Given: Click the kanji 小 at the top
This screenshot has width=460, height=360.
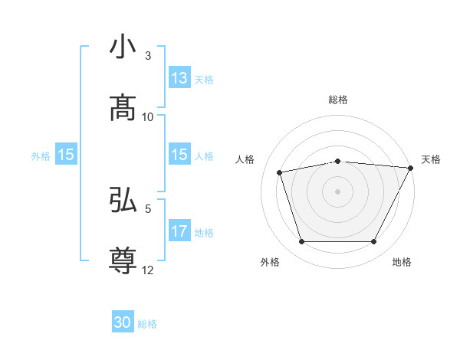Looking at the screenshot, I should coord(123,48).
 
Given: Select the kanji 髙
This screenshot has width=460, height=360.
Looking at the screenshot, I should coord(123,108).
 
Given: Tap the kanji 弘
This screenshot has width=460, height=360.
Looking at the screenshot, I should coord(123,201).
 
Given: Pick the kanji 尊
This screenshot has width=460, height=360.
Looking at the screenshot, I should coord(123,260).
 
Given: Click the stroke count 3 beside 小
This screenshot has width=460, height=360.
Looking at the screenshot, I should coord(148,56).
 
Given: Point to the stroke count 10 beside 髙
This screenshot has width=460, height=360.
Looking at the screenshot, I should coord(148,116).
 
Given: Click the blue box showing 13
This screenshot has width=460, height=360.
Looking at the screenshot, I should coord(179,78).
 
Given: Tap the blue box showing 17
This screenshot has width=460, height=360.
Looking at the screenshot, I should coord(179,231).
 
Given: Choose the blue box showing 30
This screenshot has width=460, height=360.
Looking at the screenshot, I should coord(123,323).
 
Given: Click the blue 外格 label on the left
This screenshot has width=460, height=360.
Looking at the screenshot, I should coord(41,155).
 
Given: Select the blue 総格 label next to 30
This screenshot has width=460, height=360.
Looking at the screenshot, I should coord(147,324).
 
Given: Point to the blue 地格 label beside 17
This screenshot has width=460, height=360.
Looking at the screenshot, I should coord(204,232).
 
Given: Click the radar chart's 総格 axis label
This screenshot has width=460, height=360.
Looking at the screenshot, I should coord(338,100).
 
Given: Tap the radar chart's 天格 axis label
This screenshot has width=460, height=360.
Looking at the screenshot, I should coord(431,159).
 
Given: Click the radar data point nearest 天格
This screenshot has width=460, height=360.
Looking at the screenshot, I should coord(412,168).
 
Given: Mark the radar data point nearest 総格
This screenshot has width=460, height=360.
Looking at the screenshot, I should coord(338,161).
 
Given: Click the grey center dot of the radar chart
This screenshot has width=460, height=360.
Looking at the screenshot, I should coord(338,191).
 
